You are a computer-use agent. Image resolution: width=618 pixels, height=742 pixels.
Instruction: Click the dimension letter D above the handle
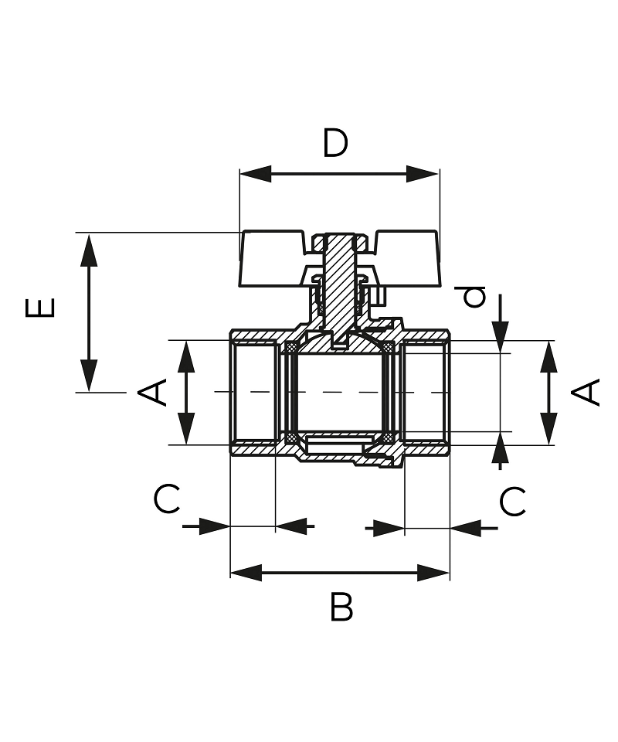click(335, 142)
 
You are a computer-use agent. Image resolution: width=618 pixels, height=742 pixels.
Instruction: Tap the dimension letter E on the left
click(40, 307)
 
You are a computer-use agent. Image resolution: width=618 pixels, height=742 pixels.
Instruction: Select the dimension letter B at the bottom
click(341, 608)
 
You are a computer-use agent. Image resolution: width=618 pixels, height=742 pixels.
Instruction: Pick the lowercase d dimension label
click(474, 297)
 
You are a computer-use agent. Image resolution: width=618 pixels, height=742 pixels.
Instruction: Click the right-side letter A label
click(586, 392)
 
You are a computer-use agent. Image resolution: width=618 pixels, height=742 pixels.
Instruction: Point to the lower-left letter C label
click(167, 499)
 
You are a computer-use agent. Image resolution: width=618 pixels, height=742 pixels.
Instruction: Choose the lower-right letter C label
click(513, 502)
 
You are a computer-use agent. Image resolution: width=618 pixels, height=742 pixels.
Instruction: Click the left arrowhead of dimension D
click(256, 174)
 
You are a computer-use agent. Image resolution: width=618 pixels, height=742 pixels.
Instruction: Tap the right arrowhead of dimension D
click(423, 174)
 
